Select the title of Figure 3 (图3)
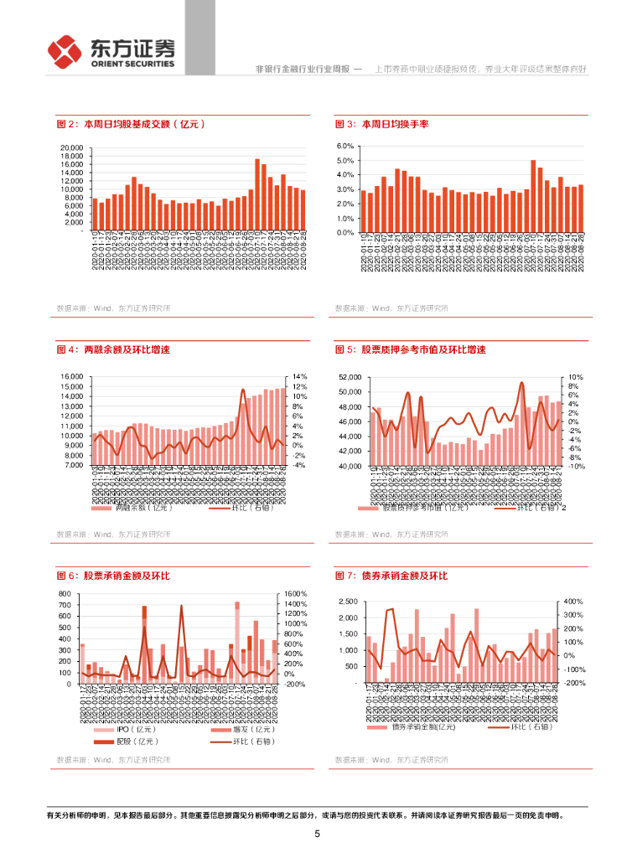381,124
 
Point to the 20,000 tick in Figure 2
71,147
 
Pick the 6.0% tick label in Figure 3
347,146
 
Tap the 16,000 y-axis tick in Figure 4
71,377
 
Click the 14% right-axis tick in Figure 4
299,377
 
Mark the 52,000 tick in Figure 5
349,378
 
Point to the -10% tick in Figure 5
576,466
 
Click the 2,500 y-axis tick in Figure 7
348,602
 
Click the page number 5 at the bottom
317,835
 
